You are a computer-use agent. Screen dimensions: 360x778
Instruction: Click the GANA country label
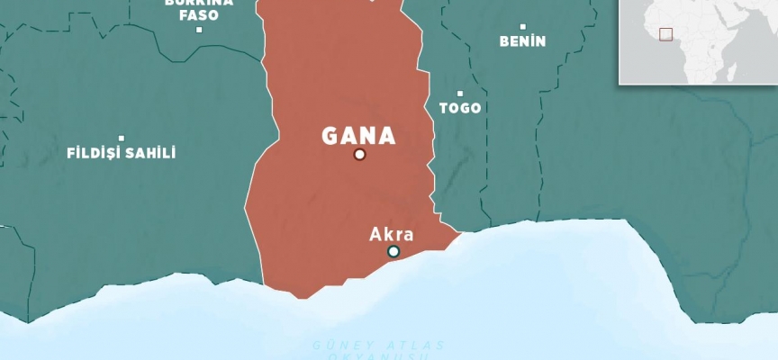click(359, 136)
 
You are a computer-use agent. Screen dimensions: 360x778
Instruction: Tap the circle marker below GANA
click(359, 155)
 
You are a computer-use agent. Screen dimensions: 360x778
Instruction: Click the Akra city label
click(392, 235)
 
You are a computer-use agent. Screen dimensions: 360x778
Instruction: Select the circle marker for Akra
click(394, 251)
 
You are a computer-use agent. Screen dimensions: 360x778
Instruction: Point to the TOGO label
click(459, 108)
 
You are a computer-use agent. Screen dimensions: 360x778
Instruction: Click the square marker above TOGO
click(459, 93)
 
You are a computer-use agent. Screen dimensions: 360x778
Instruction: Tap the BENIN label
click(522, 41)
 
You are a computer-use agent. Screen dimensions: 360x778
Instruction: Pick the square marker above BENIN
click(522, 26)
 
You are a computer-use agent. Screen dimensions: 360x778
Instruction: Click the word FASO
click(198, 15)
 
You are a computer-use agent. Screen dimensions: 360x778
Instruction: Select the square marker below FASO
click(199, 30)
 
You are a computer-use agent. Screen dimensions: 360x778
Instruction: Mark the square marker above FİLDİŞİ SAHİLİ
click(122, 138)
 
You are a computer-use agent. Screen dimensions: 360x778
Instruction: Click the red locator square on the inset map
click(665, 34)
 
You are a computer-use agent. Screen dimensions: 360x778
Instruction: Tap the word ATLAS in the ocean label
click(399, 346)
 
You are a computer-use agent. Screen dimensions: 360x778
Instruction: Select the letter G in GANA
click(331, 136)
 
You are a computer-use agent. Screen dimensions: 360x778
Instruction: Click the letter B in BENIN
click(503, 41)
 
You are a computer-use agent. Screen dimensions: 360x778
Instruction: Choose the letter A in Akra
click(375, 235)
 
